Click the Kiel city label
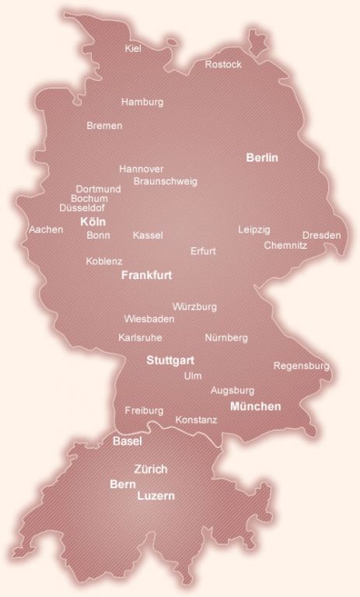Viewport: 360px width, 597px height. (x=132, y=49)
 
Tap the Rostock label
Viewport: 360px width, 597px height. (x=223, y=65)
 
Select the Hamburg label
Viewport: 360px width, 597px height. (x=142, y=102)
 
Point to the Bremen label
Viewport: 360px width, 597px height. (x=104, y=125)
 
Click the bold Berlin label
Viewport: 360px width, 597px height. (x=262, y=158)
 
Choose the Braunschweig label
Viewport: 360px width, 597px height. (x=166, y=181)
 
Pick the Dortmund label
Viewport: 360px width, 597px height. (x=98, y=189)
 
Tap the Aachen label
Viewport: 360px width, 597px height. (x=46, y=230)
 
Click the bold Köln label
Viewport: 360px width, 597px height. (x=93, y=222)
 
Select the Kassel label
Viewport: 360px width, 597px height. (x=148, y=235)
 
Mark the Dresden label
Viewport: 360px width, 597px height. (x=321, y=235)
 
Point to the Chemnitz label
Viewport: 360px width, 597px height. (x=285, y=245)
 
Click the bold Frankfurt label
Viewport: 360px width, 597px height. (x=147, y=275)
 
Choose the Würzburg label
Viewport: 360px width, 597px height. (x=194, y=307)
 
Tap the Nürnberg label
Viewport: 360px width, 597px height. (x=226, y=338)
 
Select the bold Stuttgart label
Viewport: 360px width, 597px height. (x=170, y=361)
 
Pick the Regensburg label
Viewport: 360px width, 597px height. (x=302, y=365)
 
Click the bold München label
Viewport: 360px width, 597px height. (x=256, y=407)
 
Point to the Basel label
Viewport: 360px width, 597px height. (x=128, y=442)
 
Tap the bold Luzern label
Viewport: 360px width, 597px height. (x=156, y=495)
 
